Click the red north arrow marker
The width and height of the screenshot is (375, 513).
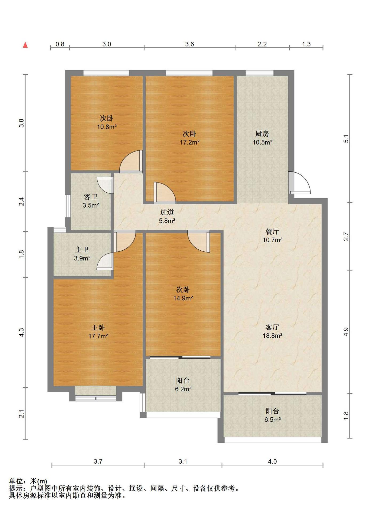coord(25,45)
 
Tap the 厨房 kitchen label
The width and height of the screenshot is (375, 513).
coord(262,134)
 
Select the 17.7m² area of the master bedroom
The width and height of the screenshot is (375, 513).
coord(98,336)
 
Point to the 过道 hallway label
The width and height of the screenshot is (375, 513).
coord(167,212)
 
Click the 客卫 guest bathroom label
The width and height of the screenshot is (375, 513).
coord(91,197)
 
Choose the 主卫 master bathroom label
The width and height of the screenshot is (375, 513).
coord(82,250)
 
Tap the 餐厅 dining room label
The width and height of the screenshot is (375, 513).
coord(272,231)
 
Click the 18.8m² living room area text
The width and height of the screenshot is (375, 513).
coord(273,336)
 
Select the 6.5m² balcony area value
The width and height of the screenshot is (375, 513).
coord(273,420)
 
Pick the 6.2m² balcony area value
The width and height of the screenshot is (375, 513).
coord(183,389)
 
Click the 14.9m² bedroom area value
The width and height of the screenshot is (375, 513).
coord(183,298)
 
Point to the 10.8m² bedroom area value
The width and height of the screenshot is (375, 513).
coord(107,127)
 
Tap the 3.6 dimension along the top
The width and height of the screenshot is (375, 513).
coord(190,44)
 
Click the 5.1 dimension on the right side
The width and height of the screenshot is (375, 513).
coord(346,139)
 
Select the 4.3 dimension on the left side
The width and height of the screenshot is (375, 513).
coord(22,332)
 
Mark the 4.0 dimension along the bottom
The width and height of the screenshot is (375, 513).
coord(272,461)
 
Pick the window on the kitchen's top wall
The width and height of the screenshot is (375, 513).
coord(260,73)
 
